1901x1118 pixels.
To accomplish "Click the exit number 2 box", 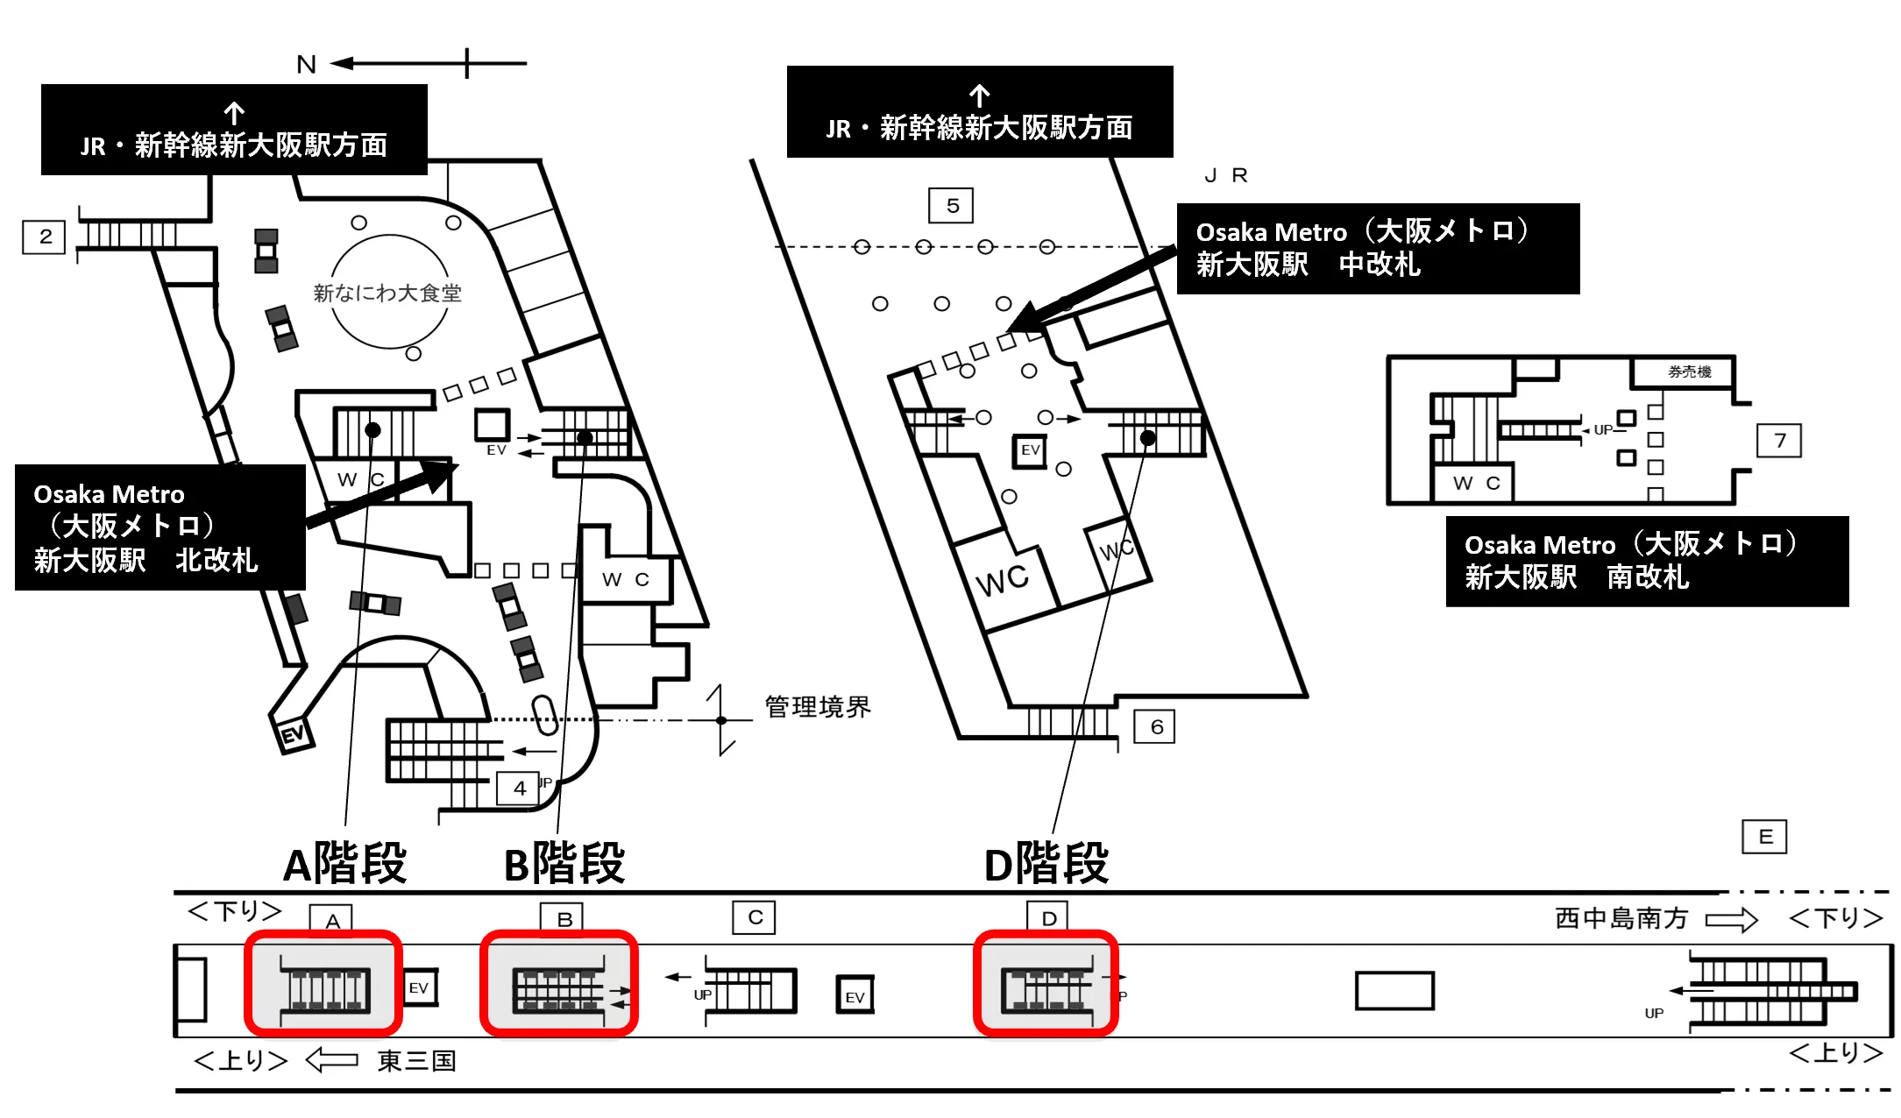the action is pos(44,237).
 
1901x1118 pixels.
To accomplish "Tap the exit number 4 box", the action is pos(519,788).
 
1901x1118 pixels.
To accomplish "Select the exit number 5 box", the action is pos(951,206).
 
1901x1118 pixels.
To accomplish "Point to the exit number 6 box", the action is pos(1155,726).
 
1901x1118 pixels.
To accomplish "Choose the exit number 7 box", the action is pos(1779,440).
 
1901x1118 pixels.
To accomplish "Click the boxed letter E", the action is pos(1764,837).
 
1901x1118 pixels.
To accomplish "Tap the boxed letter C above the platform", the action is pos(754,917).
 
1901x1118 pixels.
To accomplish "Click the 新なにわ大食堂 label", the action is pos(387,293).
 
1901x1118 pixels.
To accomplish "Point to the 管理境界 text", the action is pos(818,706).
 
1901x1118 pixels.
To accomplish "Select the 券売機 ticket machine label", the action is pos(1690,371).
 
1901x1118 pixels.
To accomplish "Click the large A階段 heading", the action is pos(344,863).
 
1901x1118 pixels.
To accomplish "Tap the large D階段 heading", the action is pos(1046,863).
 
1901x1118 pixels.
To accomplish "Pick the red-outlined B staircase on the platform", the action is pos(559,983).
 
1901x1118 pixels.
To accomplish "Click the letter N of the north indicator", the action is pos(306,64).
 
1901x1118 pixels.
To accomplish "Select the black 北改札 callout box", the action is pos(160,527).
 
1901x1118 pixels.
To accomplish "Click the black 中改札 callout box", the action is pos(1378,249).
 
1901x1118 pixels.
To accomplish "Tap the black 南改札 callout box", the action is pos(1647,562).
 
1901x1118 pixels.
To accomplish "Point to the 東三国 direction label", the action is pos(416,1061).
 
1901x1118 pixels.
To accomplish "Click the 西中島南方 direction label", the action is pos(1621,918).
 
